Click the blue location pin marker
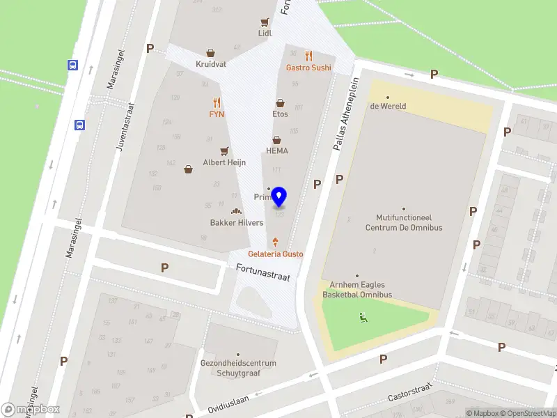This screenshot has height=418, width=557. [x=279, y=197]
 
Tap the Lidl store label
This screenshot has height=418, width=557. [x=265, y=33]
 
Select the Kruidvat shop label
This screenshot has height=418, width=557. [x=210, y=63]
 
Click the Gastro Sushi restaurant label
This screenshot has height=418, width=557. [x=308, y=68]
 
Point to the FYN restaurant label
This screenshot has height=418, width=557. [x=217, y=114]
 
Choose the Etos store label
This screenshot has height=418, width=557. [x=280, y=114]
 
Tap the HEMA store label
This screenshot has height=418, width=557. [x=276, y=150]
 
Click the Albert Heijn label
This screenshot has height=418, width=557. [x=223, y=162]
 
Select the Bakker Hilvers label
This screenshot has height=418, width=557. [x=237, y=223]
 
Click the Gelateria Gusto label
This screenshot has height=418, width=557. [x=276, y=254]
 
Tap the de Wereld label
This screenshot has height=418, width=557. [x=388, y=106]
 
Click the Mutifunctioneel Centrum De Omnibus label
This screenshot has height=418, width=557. [x=404, y=222]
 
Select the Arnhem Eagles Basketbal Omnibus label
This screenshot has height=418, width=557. [x=357, y=290]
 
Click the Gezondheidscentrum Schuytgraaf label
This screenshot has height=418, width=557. [x=238, y=367]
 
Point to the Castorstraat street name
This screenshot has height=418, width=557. [x=410, y=393]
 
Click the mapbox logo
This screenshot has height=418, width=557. [x=31, y=410]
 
